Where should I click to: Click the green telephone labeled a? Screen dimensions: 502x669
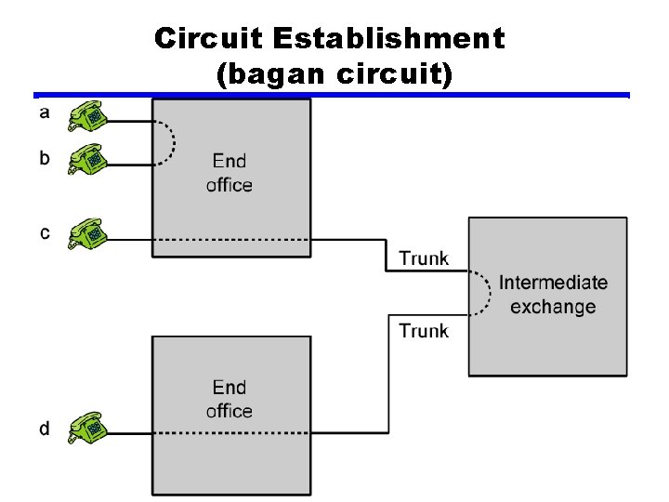(89, 117)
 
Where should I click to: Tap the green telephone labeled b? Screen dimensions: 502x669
(89, 161)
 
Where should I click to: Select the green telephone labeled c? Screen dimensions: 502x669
(89, 234)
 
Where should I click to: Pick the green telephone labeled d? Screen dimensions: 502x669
(89, 429)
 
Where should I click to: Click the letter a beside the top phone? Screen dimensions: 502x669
(45, 113)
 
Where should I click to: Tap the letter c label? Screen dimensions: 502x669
(45, 232)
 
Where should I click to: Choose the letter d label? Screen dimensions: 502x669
(45, 428)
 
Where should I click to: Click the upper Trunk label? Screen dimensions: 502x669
(424, 258)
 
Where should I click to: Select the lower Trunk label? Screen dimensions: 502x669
(424, 330)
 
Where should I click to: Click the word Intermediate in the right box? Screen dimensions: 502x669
(553, 283)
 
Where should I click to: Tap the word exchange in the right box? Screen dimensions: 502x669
(553, 307)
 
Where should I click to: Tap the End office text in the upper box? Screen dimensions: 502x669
(230, 173)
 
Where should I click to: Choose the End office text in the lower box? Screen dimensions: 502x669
(230, 399)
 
